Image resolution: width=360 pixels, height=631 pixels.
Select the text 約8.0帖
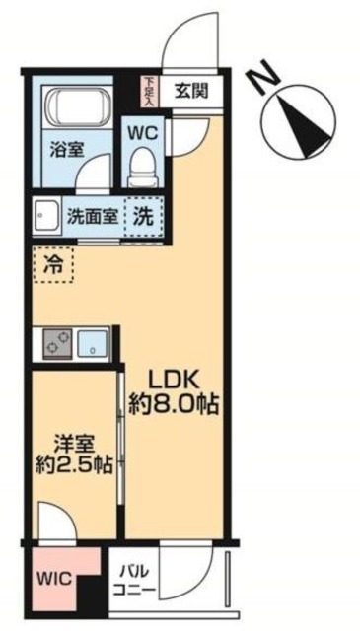coord(174,403)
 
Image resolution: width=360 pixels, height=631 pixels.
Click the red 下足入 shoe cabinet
coord(148,91)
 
